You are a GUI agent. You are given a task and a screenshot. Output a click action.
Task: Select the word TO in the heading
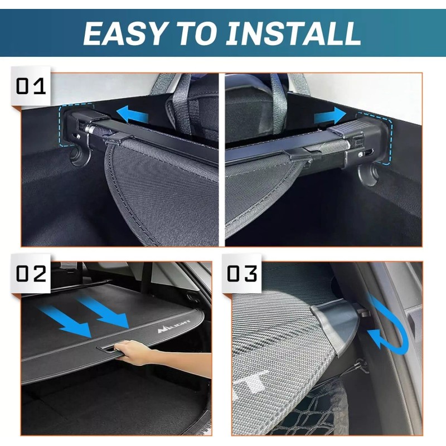click(196, 33)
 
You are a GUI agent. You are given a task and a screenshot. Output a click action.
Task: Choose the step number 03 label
click(242, 274)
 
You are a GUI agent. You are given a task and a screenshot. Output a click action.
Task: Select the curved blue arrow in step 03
click(390, 326)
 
